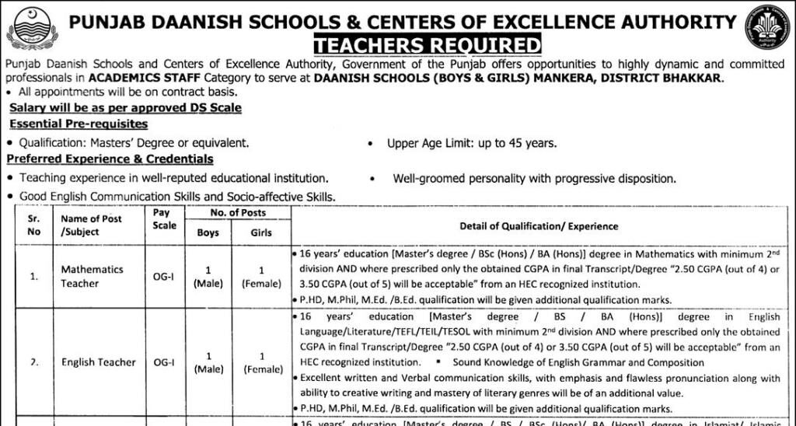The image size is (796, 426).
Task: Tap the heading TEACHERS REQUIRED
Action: (427, 44)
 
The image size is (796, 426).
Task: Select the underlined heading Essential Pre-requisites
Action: (79, 124)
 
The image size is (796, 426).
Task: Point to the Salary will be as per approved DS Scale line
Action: (125, 107)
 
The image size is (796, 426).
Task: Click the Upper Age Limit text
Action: (472, 143)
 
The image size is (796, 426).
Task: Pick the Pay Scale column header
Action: (165, 218)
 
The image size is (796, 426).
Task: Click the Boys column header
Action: (208, 232)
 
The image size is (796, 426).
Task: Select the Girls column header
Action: (261, 232)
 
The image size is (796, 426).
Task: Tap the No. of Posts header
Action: (237, 212)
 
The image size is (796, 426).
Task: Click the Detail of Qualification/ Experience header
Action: (539, 226)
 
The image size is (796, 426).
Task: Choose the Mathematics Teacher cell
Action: (92, 276)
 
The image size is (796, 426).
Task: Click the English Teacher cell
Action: (99, 361)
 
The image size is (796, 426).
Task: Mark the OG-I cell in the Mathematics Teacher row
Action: (163, 276)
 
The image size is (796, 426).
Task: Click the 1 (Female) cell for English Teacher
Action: (261, 362)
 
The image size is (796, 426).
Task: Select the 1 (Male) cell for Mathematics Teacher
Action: (208, 277)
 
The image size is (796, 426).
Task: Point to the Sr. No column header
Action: (33, 225)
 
